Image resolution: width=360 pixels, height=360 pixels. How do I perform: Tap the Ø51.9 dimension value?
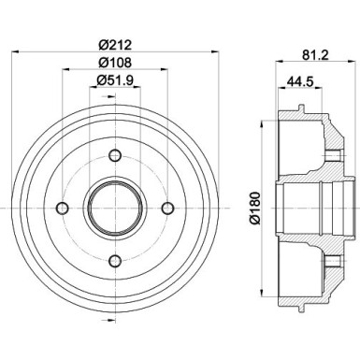click(116, 81)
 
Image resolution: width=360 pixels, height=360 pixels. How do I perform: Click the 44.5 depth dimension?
click(296, 81)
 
